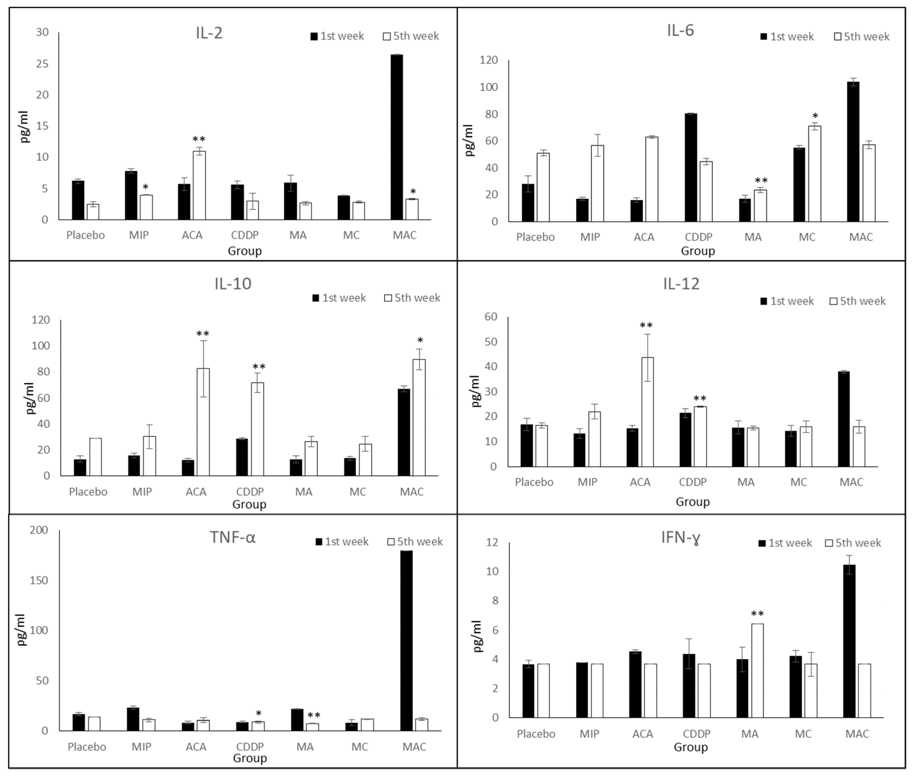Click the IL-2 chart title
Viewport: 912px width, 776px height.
(x=209, y=33)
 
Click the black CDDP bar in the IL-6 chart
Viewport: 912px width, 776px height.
(x=691, y=167)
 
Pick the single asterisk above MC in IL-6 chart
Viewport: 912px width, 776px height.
(x=815, y=116)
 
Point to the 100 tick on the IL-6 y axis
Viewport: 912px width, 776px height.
(x=488, y=87)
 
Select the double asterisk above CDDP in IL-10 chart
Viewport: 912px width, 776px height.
(x=259, y=366)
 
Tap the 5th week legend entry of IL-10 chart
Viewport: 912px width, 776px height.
(x=412, y=298)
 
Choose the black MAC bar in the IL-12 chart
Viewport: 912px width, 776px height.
(x=843, y=419)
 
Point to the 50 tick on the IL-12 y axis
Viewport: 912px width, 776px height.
(x=491, y=342)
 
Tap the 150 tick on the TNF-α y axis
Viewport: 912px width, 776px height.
(x=39, y=580)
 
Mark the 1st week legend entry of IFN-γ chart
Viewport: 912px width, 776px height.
(x=785, y=543)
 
